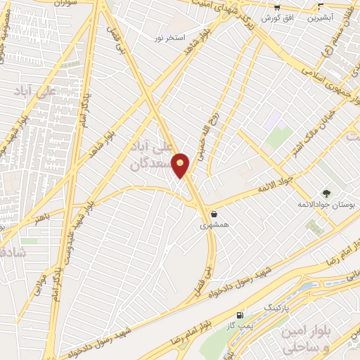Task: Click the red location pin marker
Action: point(181,165)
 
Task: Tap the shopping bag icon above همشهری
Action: point(213,214)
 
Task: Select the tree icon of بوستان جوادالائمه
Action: point(326,193)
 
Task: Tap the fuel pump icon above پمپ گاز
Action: point(242,315)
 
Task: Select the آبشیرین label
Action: point(321,15)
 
